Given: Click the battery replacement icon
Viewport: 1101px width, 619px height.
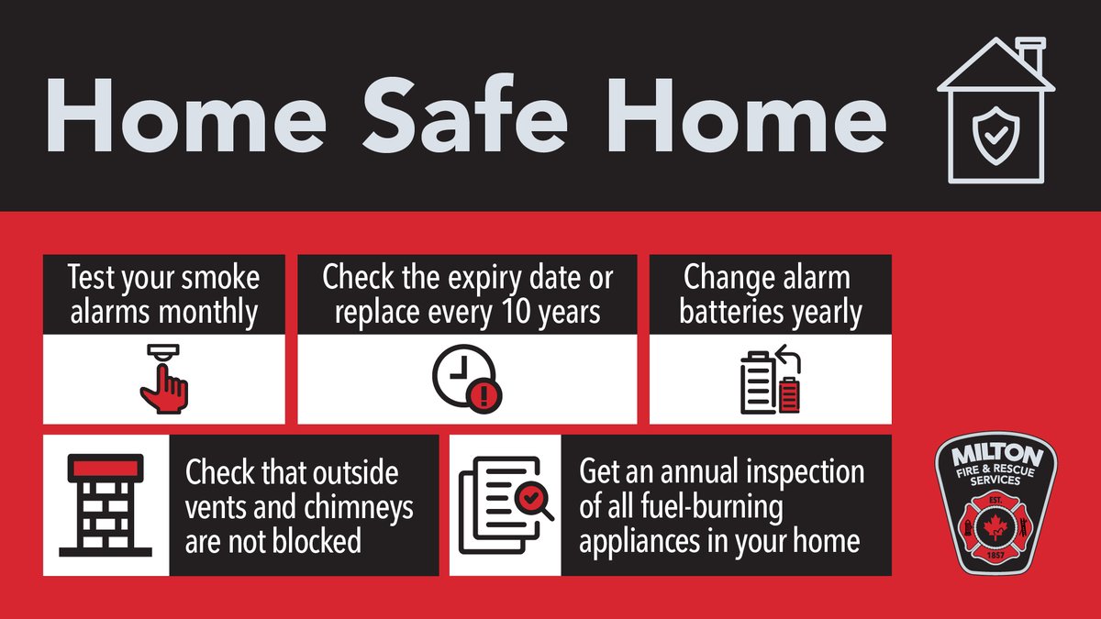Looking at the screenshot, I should click(771, 379).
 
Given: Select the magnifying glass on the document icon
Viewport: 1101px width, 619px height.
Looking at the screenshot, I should click(532, 502).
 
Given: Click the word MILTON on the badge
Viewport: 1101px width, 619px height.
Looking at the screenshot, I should click(995, 457).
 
